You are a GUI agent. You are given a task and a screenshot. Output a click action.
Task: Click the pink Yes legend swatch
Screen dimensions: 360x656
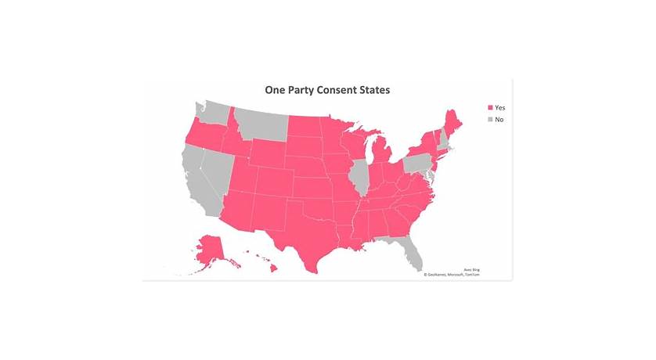490,107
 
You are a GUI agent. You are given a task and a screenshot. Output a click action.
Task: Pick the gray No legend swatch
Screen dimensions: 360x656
490,120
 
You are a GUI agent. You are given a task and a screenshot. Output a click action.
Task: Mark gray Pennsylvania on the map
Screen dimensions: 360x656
420,162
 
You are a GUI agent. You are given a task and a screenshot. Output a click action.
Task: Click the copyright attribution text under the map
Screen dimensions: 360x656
452,275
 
